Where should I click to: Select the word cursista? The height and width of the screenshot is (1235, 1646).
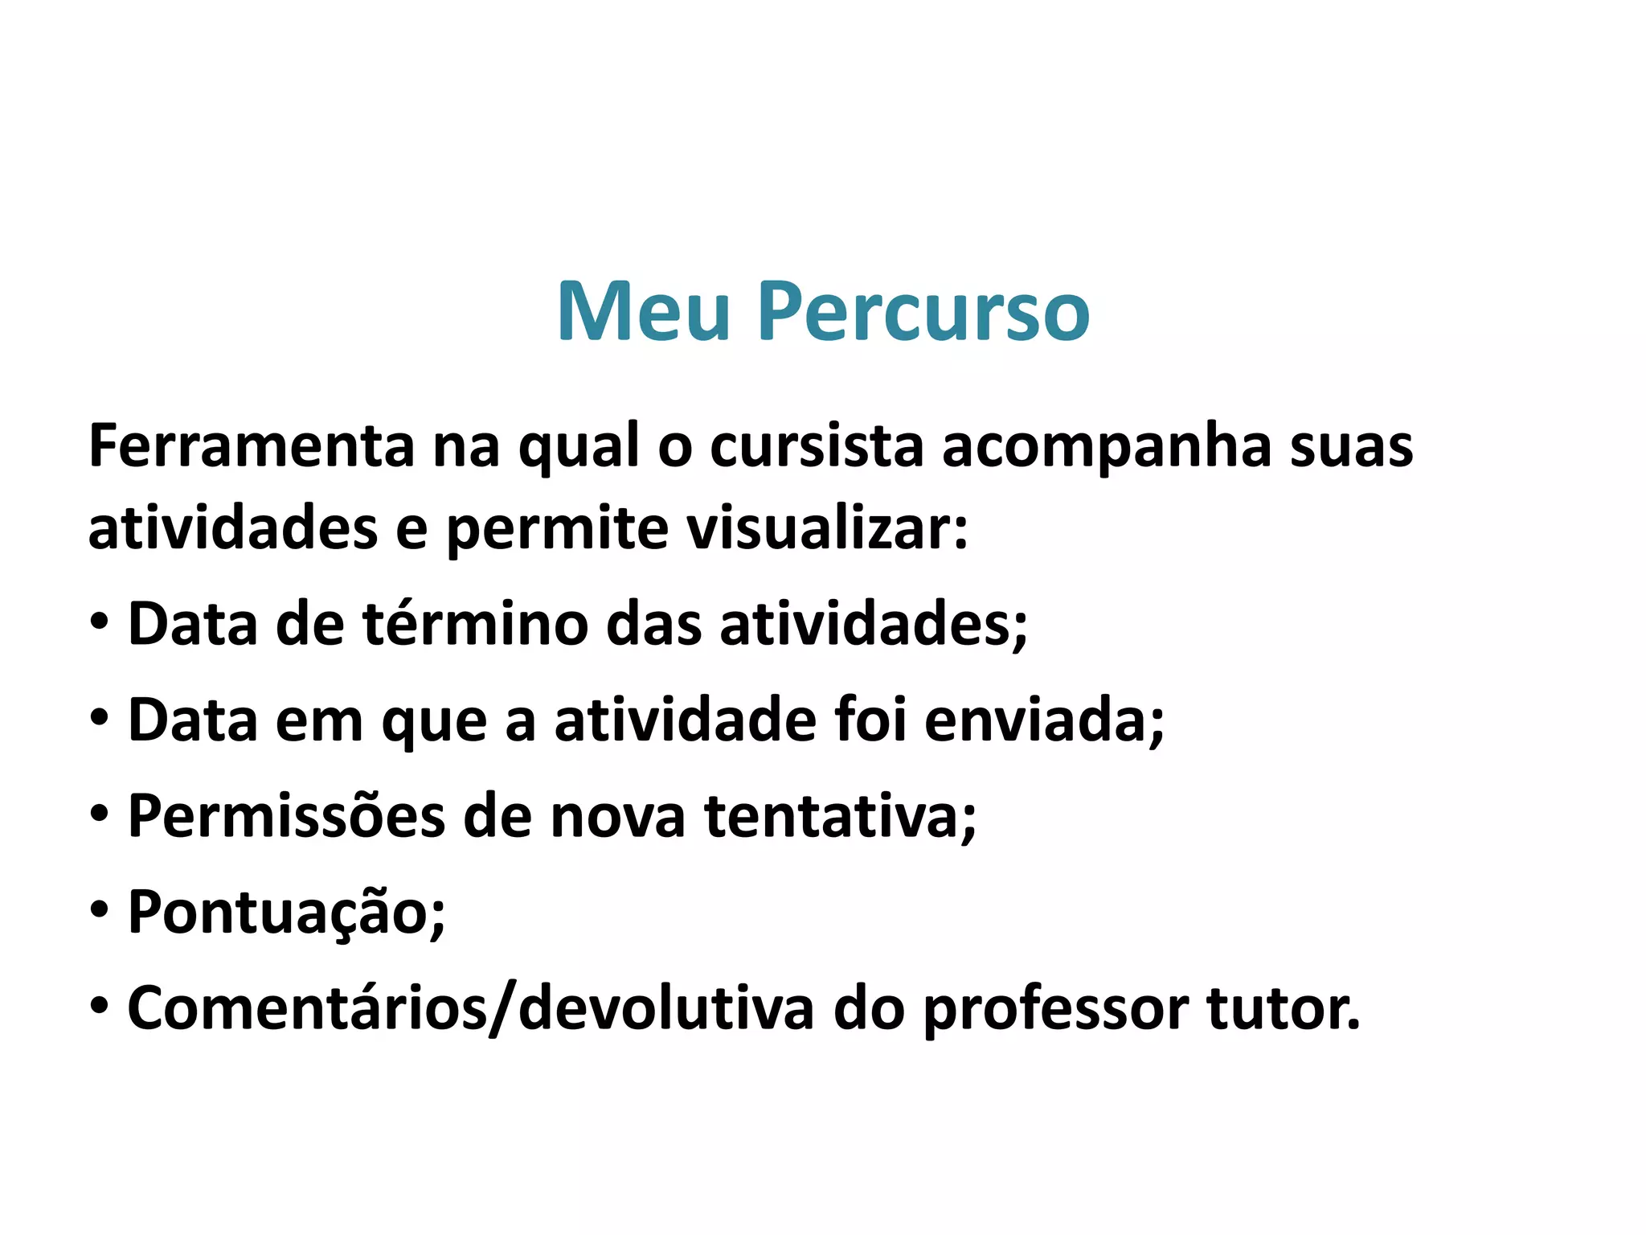pyautogui.click(x=817, y=446)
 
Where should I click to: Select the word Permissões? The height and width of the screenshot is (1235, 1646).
pyautogui.click(x=286, y=817)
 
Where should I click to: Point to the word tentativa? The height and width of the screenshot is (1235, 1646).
pyautogui.click(x=840, y=817)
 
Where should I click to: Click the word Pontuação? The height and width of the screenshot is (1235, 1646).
pyautogui.click(x=286, y=913)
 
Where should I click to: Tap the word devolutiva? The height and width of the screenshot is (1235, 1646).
pyautogui.click(x=666, y=1008)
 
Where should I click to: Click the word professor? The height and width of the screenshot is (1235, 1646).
pyautogui.click(x=1056, y=1010)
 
